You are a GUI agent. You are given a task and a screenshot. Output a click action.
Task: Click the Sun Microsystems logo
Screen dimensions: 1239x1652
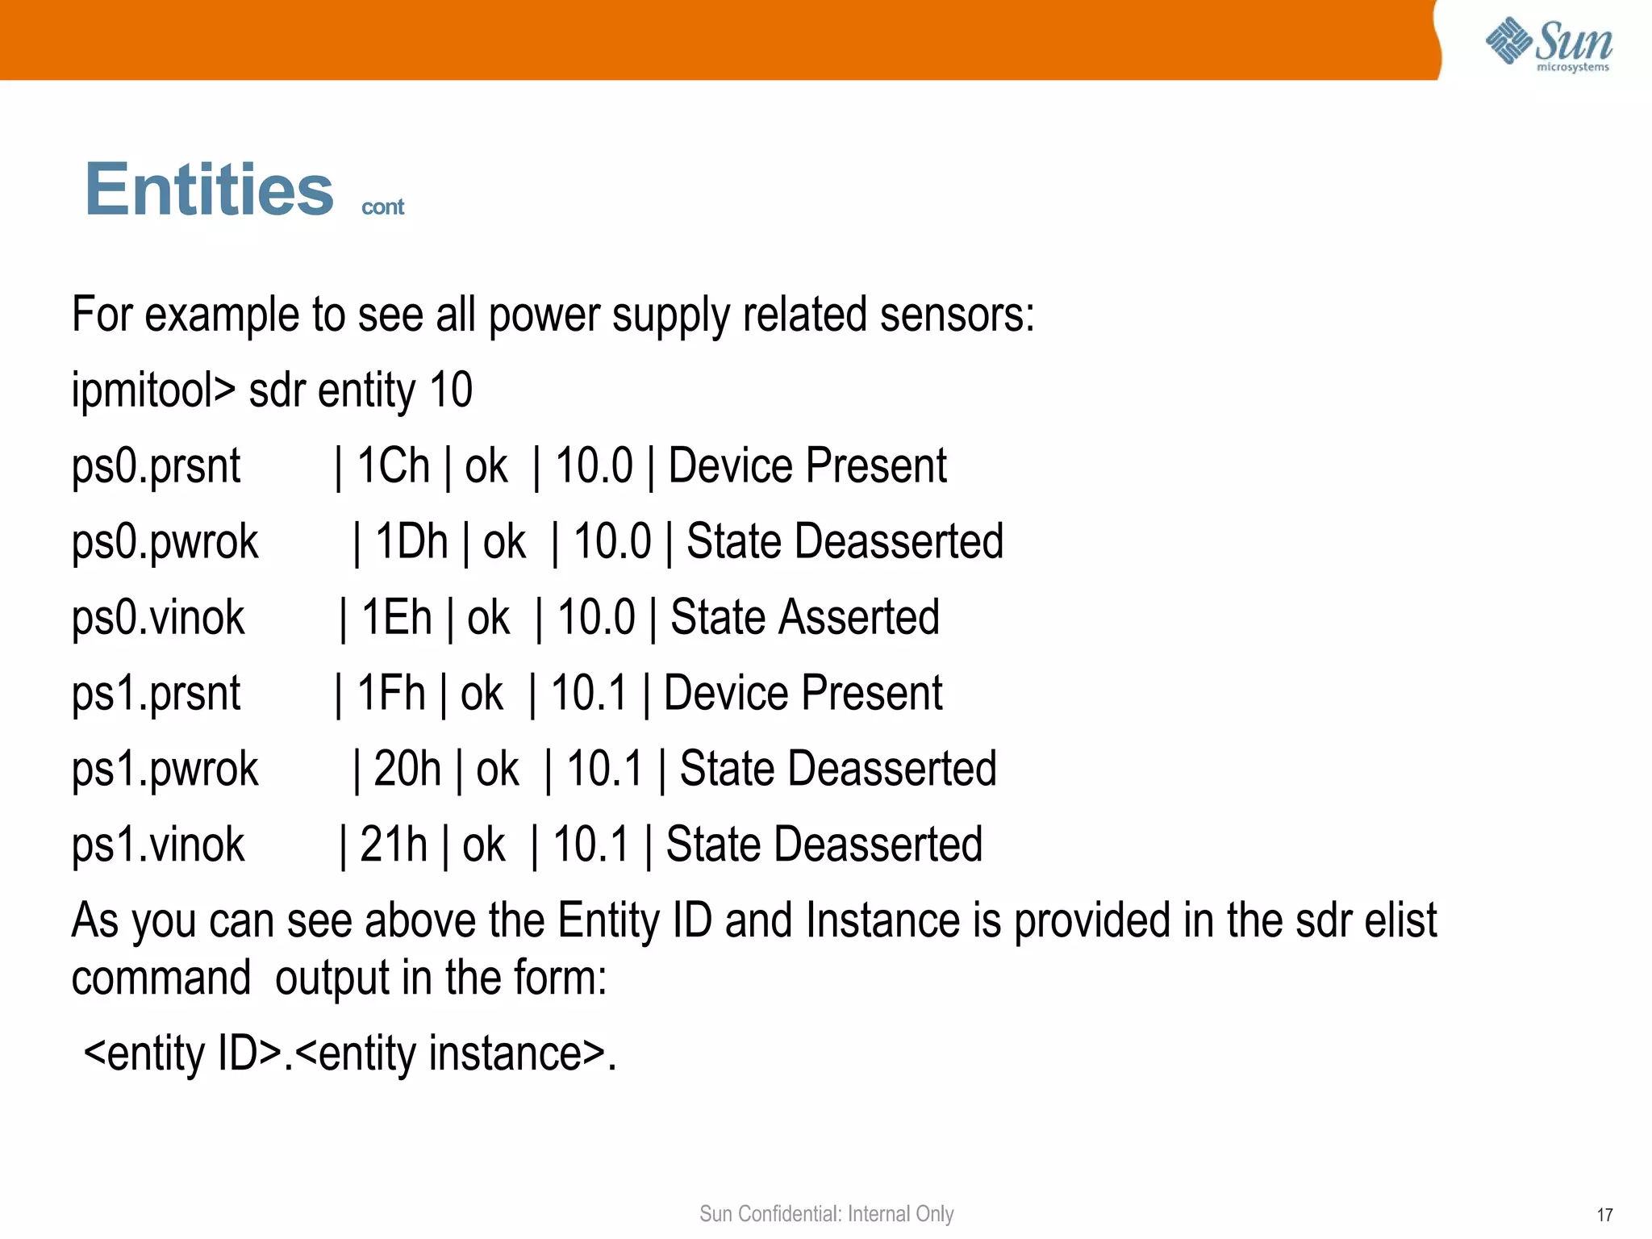coord(1548,44)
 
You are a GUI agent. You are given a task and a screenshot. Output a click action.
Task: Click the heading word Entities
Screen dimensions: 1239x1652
coord(209,190)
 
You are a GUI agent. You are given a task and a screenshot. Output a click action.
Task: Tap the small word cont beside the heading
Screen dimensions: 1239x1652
coord(382,207)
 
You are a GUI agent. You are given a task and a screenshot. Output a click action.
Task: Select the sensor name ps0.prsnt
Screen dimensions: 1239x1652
coord(156,466)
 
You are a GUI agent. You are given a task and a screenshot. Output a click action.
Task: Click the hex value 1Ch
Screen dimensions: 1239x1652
coord(393,466)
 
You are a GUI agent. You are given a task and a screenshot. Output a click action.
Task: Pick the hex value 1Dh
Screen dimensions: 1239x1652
coord(411,542)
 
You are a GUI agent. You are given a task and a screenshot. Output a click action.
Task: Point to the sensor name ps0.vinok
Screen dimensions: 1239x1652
coord(158,618)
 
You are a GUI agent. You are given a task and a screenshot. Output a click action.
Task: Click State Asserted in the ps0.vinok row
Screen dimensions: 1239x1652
coord(804,618)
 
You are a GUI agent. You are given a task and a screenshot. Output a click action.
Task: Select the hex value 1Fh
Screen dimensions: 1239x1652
coord(390,694)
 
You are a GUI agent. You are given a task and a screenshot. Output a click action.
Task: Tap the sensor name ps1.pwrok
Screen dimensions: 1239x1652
coord(165,770)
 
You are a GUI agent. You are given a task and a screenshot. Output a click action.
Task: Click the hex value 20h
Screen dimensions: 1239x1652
coord(407,770)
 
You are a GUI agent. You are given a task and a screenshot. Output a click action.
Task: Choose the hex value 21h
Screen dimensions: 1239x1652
coord(393,845)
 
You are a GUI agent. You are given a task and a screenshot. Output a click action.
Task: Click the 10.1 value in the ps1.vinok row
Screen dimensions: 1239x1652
coord(590,845)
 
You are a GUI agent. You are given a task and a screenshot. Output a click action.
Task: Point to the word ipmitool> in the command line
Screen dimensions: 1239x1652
coord(153,390)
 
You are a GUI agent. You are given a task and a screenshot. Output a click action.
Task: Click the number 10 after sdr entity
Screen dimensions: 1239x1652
coord(451,390)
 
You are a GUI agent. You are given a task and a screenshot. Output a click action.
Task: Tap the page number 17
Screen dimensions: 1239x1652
coord(1604,1215)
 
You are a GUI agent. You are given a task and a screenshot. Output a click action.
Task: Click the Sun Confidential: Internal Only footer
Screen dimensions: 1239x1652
coord(826,1214)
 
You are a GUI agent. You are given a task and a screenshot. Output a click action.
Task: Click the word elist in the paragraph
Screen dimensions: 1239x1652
coord(1400,921)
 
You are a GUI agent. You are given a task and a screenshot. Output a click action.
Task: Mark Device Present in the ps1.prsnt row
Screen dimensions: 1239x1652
coord(803,694)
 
